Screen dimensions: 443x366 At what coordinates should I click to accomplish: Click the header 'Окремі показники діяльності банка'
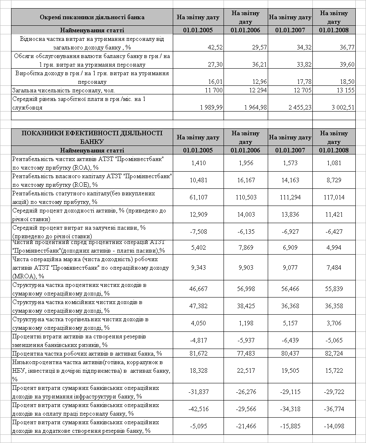point(92,18)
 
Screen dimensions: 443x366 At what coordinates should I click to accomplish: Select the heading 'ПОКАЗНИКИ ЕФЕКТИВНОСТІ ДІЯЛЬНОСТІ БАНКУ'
point(92,137)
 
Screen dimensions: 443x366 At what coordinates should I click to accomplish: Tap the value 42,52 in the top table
point(215,47)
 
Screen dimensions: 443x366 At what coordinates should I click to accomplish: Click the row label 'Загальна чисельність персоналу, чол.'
point(64,90)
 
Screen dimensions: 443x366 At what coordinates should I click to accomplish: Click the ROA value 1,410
point(199,163)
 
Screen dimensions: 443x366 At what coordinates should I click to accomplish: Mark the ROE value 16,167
point(245,180)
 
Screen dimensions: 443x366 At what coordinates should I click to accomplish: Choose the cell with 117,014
point(334,197)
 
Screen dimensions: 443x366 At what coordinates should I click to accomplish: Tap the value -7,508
point(199,232)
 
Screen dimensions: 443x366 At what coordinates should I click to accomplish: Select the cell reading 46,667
point(199,289)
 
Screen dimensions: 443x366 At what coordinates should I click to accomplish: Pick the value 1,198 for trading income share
point(245,323)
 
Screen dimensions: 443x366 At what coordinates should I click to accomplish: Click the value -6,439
point(290,340)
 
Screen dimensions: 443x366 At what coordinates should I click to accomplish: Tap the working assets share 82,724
point(334,354)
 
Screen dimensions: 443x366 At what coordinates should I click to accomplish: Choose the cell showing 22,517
point(245,371)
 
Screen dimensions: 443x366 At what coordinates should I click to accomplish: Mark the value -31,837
point(199,392)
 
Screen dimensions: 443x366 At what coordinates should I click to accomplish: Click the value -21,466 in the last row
point(245,426)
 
